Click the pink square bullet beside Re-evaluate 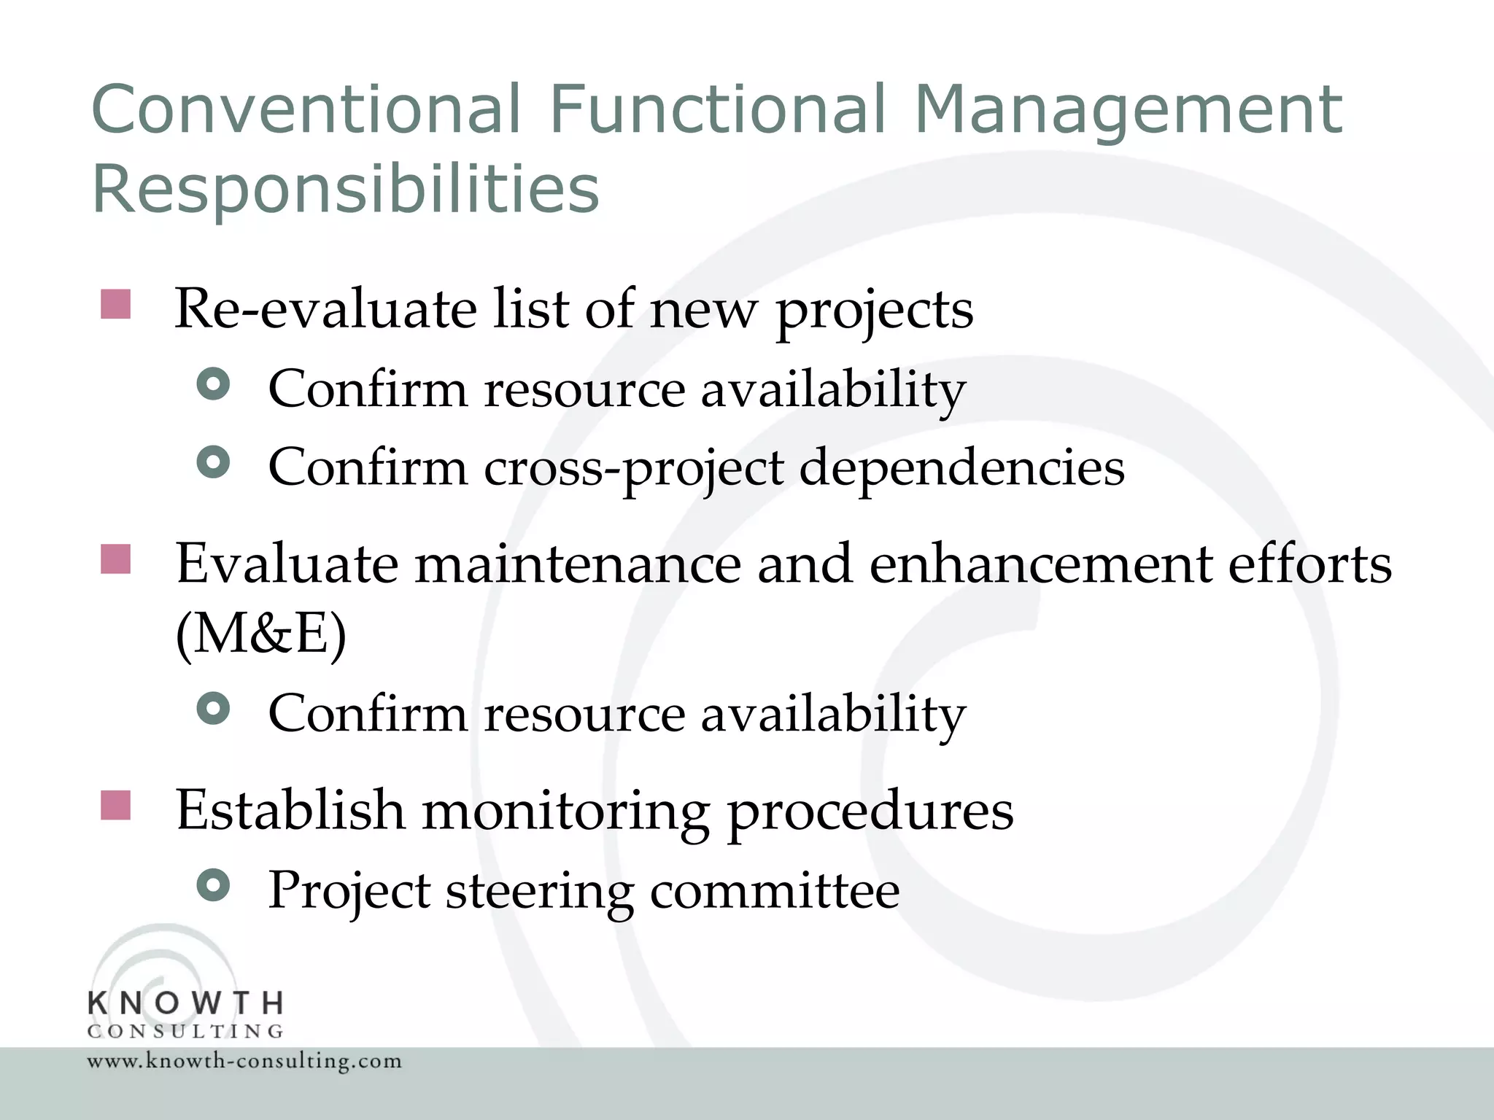(115, 304)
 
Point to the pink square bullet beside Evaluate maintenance (115, 559)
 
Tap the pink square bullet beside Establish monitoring (115, 805)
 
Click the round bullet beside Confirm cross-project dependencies (214, 462)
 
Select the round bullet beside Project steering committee (214, 886)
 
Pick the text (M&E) (261, 633)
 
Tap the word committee (774, 891)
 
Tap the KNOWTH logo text (185, 1003)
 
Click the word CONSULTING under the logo (185, 1032)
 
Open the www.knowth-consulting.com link (244, 1061)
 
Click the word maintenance (578, 564)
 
